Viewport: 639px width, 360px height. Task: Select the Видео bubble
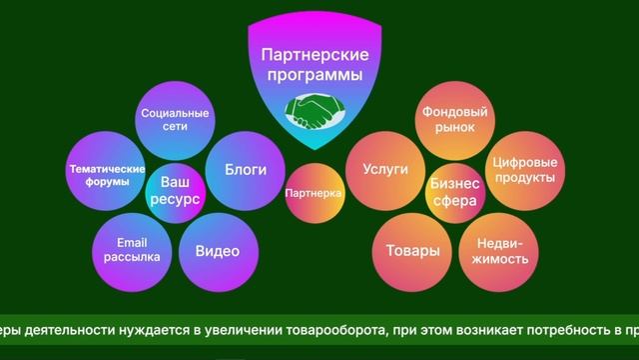coord(217,250)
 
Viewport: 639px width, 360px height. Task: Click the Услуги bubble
coord(385,170)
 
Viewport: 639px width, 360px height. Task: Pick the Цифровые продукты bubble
coord(523,169)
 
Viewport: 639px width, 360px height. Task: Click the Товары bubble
coord(413,250)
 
